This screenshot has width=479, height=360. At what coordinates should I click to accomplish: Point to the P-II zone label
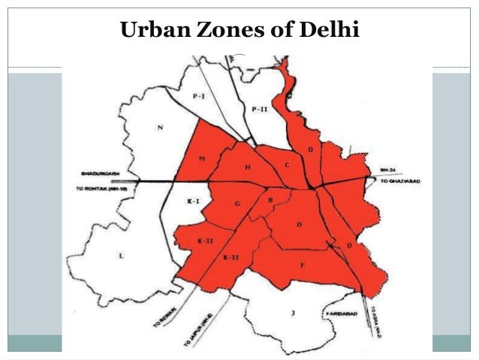(260, 110)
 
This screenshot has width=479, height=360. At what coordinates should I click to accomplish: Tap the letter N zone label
(159, 127)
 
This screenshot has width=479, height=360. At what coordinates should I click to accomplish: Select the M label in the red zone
(203, 159)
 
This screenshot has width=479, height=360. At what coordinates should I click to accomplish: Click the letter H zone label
(248, 167)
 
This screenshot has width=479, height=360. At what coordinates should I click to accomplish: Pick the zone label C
(287, 163)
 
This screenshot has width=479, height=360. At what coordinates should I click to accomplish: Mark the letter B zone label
(270, 200)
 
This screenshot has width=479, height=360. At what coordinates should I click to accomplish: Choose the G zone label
(237, 204)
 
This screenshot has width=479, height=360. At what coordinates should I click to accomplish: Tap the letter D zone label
(300, 224)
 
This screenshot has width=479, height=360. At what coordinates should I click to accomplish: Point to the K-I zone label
(192, 202)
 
